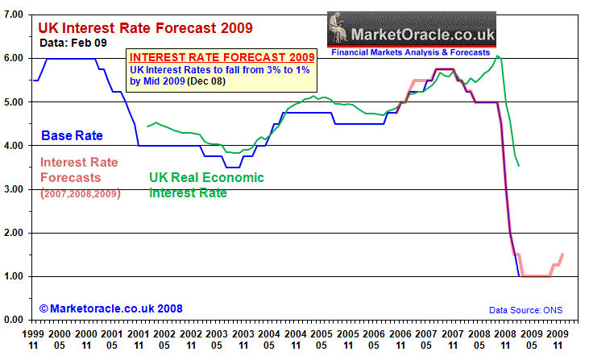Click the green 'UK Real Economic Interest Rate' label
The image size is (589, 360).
coord(206,185)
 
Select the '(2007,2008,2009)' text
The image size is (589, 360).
coord(78,193)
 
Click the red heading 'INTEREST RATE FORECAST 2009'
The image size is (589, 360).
coord(222,57)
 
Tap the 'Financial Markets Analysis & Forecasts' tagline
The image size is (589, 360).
coord(411,53)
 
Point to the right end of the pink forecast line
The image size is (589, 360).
coord(562,254)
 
